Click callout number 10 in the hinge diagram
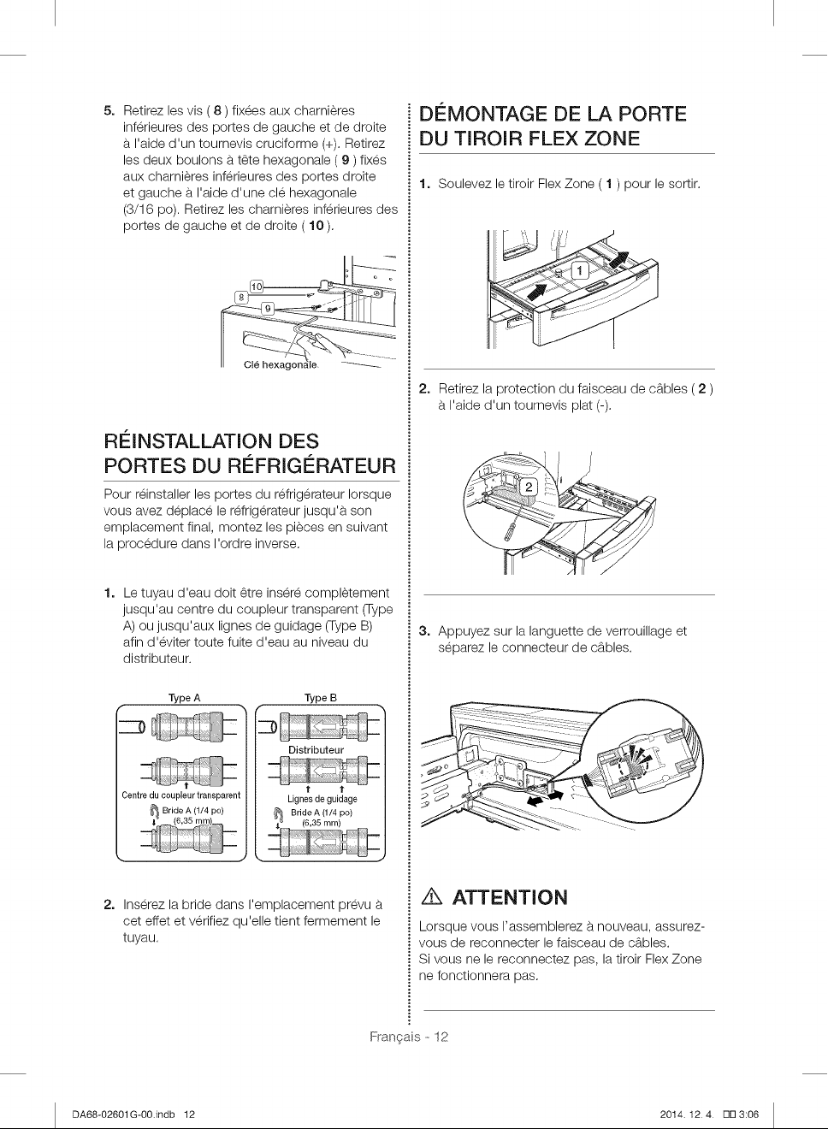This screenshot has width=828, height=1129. tap(257, 287)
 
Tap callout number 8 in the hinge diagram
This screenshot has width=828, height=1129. tap(241, 298)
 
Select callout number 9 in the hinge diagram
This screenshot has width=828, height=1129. tap(268, 308)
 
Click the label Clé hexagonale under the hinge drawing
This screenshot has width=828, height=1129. tap(281, 365)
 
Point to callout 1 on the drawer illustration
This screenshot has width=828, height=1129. tap(580, 270)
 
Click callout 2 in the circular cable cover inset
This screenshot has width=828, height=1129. tap(529, 487)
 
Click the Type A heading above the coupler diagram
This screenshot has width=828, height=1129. tap(185, 698)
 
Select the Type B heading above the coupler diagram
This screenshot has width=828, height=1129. tap(321, 698)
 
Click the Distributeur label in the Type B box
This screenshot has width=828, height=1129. tap(316, 750)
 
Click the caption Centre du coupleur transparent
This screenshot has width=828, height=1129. tap(181, 795)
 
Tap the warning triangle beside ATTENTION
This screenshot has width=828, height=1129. tap(432, 898)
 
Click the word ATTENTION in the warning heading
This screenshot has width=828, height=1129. tap(510, 898)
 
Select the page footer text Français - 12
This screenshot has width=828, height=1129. tap(409, 1037)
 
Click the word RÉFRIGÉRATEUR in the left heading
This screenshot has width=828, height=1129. tap(313, 465)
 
